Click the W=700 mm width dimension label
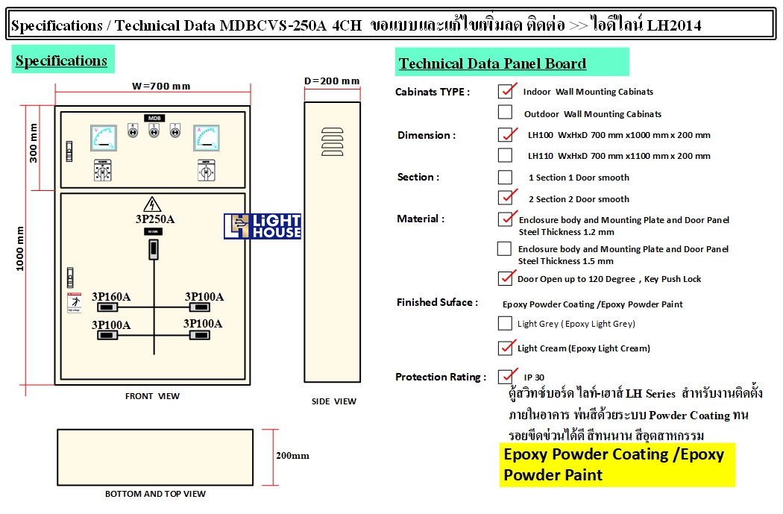pyautogui.click(x=161, y=86)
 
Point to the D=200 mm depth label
pyautogui.click(x=332, y=81)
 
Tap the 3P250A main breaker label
pyautogui.click(x=154, y=219)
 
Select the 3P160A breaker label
pyautogui.click(x=111, y=297)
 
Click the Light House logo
pyautogui.click(x=262, y=226)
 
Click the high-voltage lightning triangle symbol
pyautogui.click(x=152, y=204)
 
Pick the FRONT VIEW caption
pyautogui.click(x=152, y=396)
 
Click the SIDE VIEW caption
pyautogui.click(x=333, y=401)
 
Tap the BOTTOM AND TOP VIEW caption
pyautogui.click(x=155, y=493)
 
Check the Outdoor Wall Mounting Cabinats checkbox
pyautogui.click(x=505, y=113)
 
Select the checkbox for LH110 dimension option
pyautogui.click(x=505, y=155)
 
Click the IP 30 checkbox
pyautogui.click(x=506, y=376)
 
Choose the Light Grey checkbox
pyautogui.click(x=505, y=323)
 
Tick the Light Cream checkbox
pyautogui.click(x=505, y=348)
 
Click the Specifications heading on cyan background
pyautogui.click(x=62, y=60)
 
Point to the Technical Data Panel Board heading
pyautogui.click(x=493, y=63)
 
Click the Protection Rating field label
pyautogui.click(x=441, y=377)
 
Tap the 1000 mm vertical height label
pyautogui.click(x=21, y=248)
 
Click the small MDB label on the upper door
pyautogui.click(x=154, y=119)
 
